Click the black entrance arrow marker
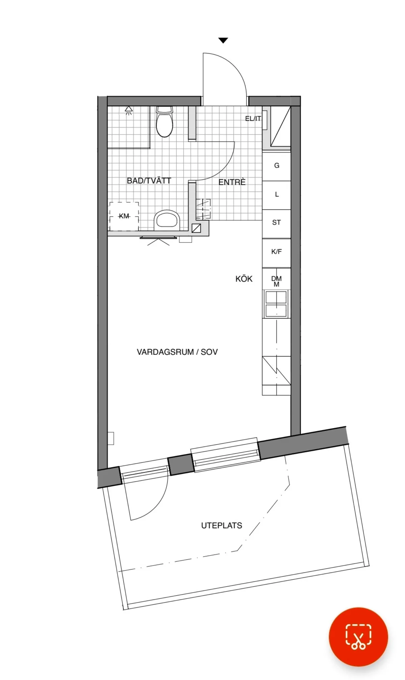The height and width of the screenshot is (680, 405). coord(223,40)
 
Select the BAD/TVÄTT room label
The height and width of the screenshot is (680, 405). coord(149,181)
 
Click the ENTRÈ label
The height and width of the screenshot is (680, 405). coord(232,182)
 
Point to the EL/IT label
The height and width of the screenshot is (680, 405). coord(253,119)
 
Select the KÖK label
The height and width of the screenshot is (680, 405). coord(244,279)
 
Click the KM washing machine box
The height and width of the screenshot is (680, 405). coord(124,216)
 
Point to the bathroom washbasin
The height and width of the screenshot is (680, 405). coord(167,220)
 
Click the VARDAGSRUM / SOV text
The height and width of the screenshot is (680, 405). coord(177,352)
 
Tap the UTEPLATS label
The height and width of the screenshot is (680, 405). coord(221,526)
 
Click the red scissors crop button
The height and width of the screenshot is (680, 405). coord(358,637)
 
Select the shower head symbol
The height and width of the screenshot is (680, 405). coord(129,110)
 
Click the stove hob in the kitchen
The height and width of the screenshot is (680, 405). coord(276,304)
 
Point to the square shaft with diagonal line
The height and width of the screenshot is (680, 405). coord(196,228)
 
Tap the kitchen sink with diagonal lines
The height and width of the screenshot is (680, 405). coord(276,371)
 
